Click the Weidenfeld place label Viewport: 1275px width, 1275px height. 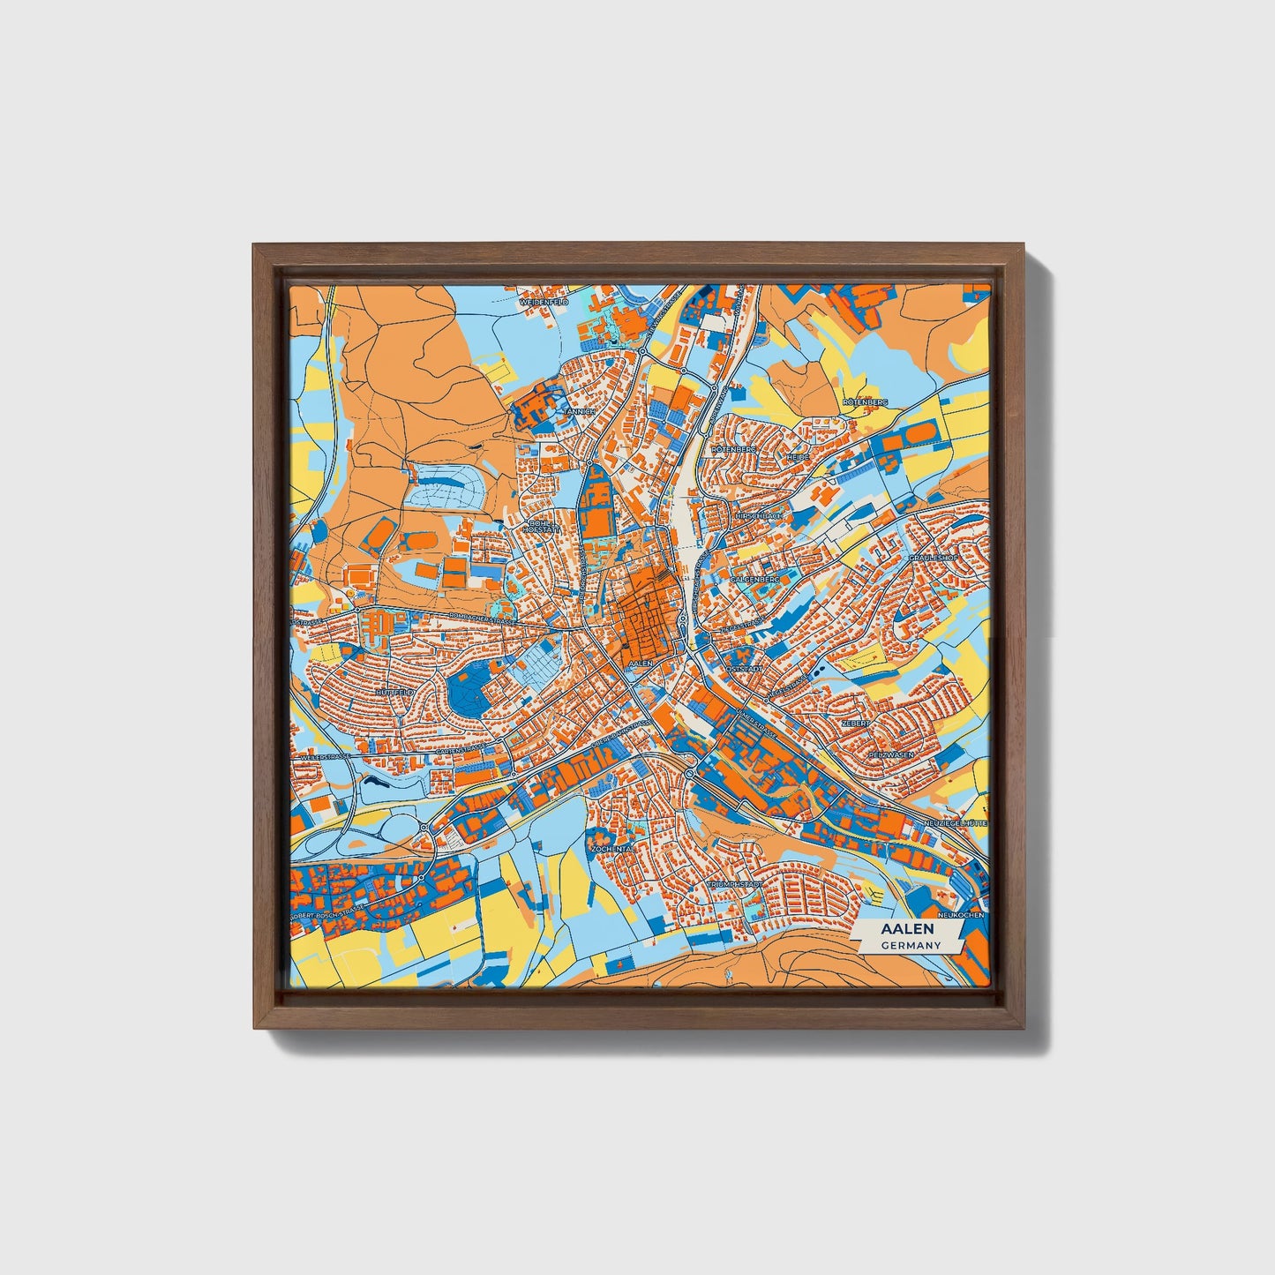click(x=544, y=302)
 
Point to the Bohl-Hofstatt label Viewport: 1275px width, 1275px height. click(x=541, y=527)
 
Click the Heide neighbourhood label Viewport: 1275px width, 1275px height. click(x=798, y=458)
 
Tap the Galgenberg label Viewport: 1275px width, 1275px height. click(x=755, y=579)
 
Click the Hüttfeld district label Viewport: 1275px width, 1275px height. click(x=394, y=694)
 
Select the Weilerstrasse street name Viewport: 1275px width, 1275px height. click(x=324, y=757)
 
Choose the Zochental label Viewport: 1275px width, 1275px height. click(x=612, y=848)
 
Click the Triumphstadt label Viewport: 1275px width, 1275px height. click(x=734, y=883)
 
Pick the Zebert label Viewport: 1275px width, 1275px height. click(x=855, y=723)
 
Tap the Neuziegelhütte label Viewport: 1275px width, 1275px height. click(x=955, y=822)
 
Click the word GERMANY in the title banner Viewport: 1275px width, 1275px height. click(x=911, y=945)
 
